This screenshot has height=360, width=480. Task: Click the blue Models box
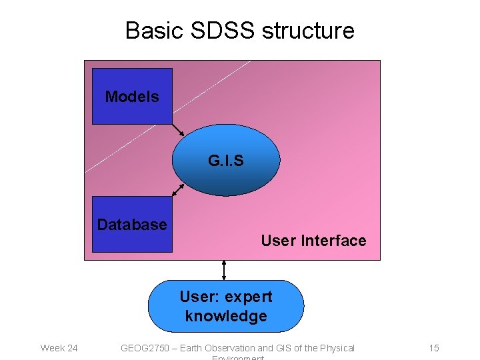point(132,97)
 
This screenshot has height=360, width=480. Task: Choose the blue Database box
point(132,224)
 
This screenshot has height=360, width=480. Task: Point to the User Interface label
point(313,241)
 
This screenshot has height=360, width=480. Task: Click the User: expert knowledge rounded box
point(226,306)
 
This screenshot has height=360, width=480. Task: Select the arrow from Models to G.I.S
point(178,129)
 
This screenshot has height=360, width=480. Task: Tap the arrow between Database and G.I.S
point(178,189)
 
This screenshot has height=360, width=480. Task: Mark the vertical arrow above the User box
point(224,269)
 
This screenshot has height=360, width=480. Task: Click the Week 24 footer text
point(59,348)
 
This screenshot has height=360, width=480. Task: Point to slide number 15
point(434,348)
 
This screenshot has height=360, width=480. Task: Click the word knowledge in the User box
point(226,316)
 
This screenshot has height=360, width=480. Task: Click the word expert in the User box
point(249,297)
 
